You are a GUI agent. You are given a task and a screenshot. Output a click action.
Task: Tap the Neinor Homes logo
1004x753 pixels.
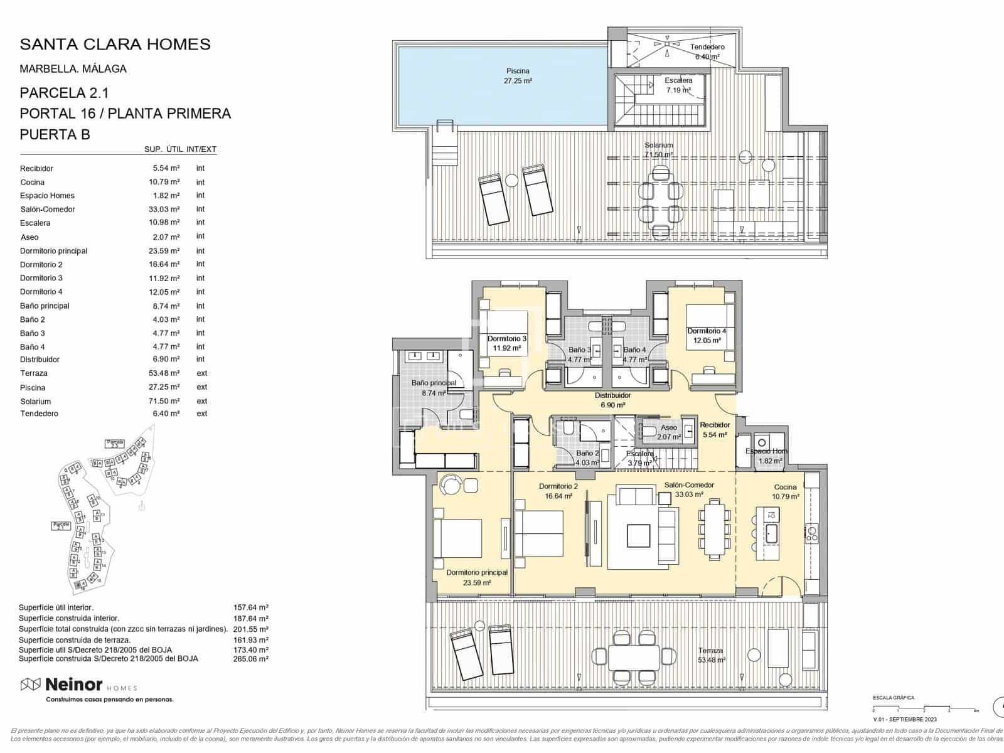(79, 685)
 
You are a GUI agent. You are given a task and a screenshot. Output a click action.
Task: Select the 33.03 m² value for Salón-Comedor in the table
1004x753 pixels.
(164, 210)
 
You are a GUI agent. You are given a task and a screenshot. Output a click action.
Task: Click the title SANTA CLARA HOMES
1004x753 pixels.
(115, 45)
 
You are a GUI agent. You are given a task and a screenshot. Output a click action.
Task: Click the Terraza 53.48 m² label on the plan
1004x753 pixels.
(711, 655)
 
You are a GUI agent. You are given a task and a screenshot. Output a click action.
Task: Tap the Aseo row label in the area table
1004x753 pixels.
(29, 237)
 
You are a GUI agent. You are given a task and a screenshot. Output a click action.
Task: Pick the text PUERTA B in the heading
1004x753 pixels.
(55, 134)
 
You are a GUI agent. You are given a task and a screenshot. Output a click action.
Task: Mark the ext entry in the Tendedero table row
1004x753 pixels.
(201, 414)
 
